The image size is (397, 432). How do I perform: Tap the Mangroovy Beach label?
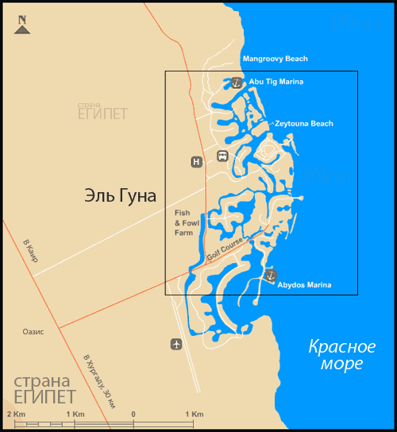[x=275, y=59]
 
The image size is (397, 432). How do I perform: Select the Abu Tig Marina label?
[x=276, y=82]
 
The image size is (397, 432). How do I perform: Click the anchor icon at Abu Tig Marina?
[x=237, y=82]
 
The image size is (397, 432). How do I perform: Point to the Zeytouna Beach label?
[x=304, y=124]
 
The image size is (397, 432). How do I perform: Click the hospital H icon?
[x=196, y=162]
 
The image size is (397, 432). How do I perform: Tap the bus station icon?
[x=223, y=156]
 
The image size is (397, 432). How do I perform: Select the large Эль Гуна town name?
[x=120, y=196]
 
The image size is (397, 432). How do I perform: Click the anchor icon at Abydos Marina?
[x=270, y=275]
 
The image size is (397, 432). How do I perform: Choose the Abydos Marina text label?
[x=304, y=285]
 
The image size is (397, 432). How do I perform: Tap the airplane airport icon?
[x=175, y=344]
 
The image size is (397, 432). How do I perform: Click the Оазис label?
[x=33, y=331]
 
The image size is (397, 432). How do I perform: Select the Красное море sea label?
[x=341, y=355]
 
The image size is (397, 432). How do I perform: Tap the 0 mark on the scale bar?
[x=133, y=415]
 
